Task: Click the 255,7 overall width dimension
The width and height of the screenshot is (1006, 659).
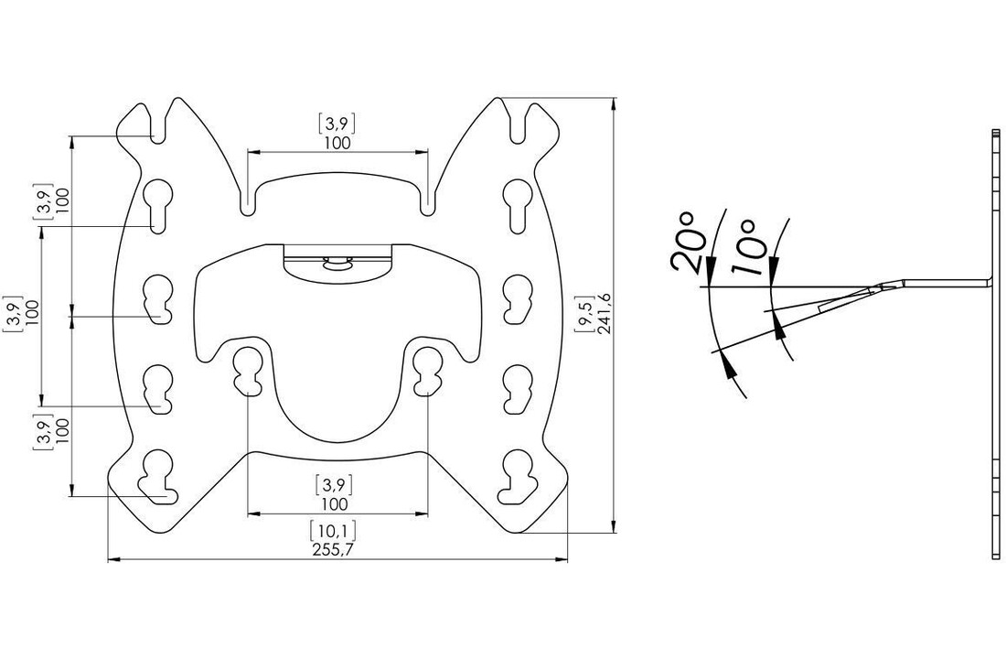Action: (334, 550)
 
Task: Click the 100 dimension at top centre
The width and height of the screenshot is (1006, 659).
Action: (337, 143)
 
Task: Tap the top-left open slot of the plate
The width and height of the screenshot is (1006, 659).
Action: (157, 124)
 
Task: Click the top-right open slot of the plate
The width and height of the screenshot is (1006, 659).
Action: (519, 124)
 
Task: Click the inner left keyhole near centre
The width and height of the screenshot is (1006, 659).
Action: (247, 370)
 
